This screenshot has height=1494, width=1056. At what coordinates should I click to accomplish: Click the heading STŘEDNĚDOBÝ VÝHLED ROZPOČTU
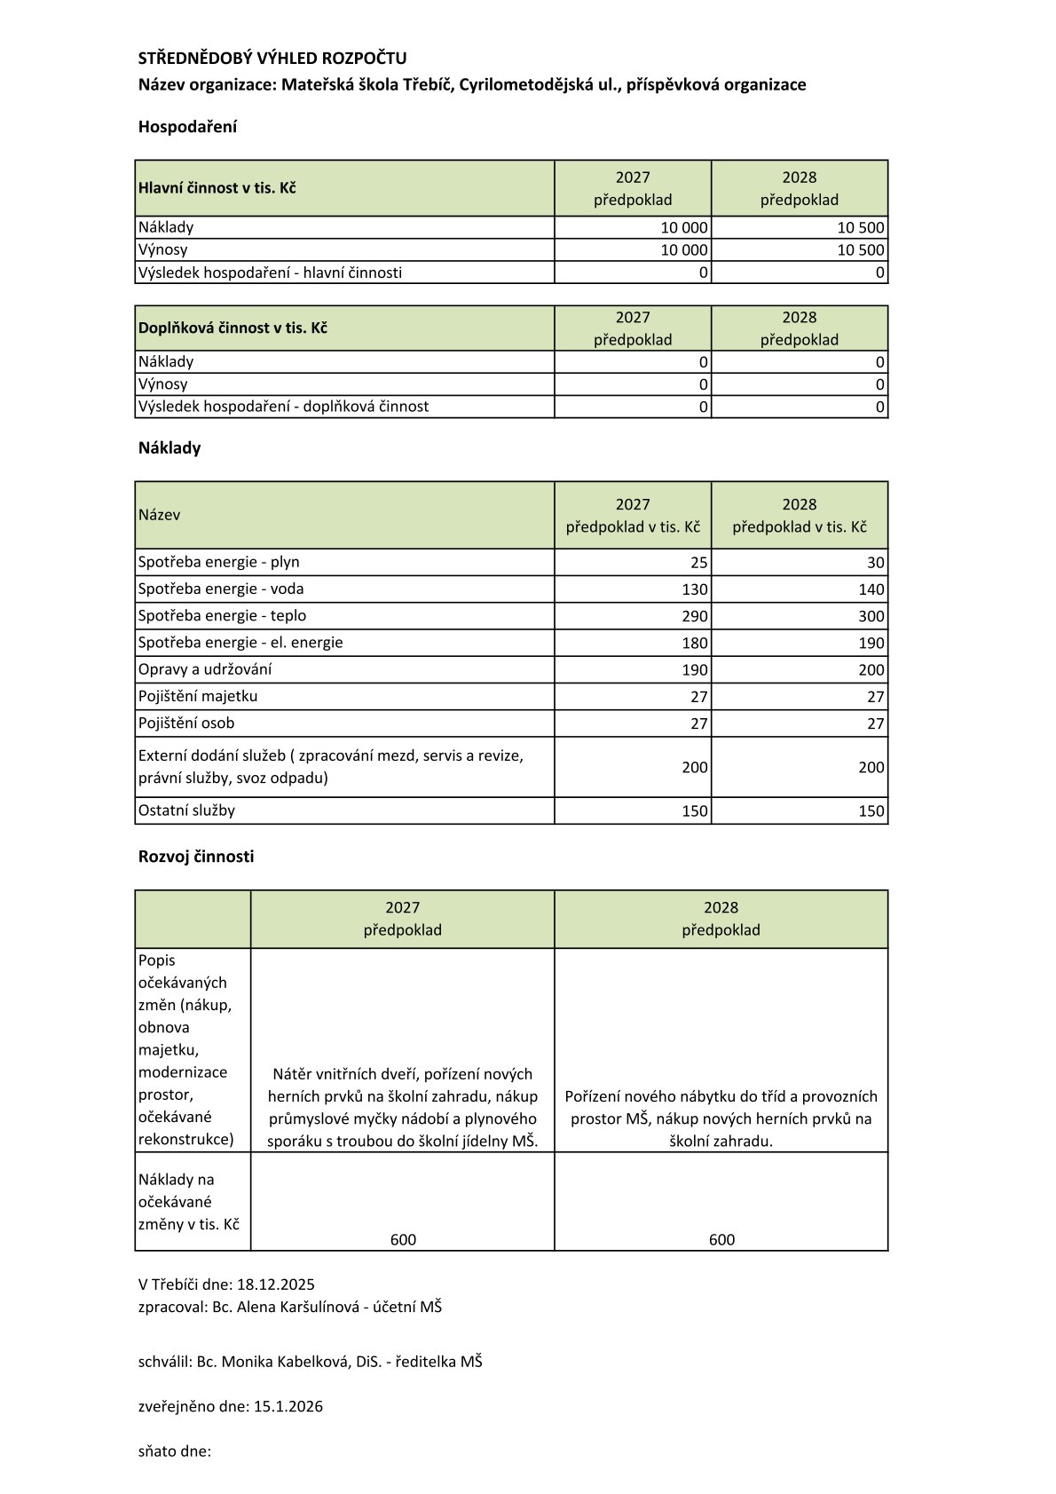tap(272, 59)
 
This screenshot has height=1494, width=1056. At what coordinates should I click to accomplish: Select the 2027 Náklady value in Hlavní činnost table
tap(684, 228)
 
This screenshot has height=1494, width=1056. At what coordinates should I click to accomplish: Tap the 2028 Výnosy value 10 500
tap(861, 250)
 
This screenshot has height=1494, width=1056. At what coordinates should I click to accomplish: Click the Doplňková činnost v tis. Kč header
tap(232, 328)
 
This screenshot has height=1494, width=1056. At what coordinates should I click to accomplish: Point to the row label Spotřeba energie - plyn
tap(219, 562)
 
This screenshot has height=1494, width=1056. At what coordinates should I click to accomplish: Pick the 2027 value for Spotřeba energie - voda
tap(695, 589)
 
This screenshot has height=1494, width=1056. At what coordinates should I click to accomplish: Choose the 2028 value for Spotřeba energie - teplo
tap(871, 616)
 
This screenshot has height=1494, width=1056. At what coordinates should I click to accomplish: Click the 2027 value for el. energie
tap(695, 643)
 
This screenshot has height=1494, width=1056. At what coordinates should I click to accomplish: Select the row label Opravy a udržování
tap(205, 669)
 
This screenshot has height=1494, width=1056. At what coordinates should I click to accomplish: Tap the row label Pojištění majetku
tap(198, 696)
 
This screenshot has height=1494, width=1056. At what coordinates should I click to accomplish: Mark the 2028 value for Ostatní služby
tap(871, 810)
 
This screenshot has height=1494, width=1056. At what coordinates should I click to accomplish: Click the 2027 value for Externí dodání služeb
tap(695, 767)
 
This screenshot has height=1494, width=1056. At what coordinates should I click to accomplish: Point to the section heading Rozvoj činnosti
tap(196, 857)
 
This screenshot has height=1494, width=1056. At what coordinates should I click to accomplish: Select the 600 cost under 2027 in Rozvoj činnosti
tap(403, 1239)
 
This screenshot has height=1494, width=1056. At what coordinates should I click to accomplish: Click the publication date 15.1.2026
tap(288, 1406)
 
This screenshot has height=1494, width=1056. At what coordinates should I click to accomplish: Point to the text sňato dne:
tap(175, 1451)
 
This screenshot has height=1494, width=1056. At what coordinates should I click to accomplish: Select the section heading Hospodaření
tap(187, 127)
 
